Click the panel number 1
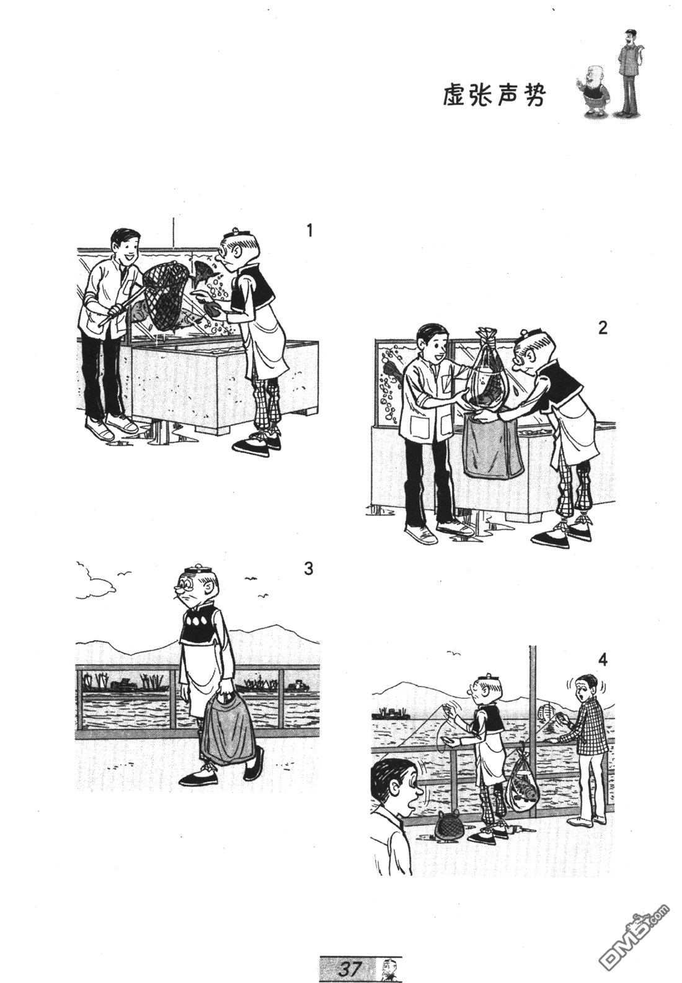[309, 230]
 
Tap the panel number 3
[309, 569]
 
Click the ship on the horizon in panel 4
[390, 713]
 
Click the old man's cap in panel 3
[197, 571]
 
